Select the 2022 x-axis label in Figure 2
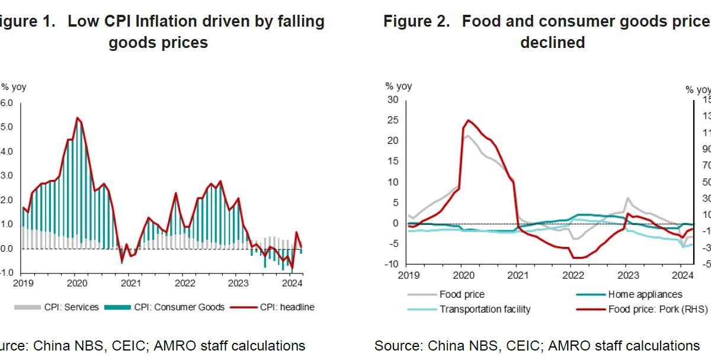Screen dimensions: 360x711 (572, 275)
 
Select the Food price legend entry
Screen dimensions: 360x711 (462, 294)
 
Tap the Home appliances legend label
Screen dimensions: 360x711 (645, 294)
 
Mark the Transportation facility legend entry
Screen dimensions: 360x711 (485, 309)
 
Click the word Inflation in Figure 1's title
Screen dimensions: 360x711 (170, 22)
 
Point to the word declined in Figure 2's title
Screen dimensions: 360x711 (552, 43)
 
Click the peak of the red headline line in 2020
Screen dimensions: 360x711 (77, 118)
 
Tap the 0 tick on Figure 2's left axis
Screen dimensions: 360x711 (396, 223)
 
